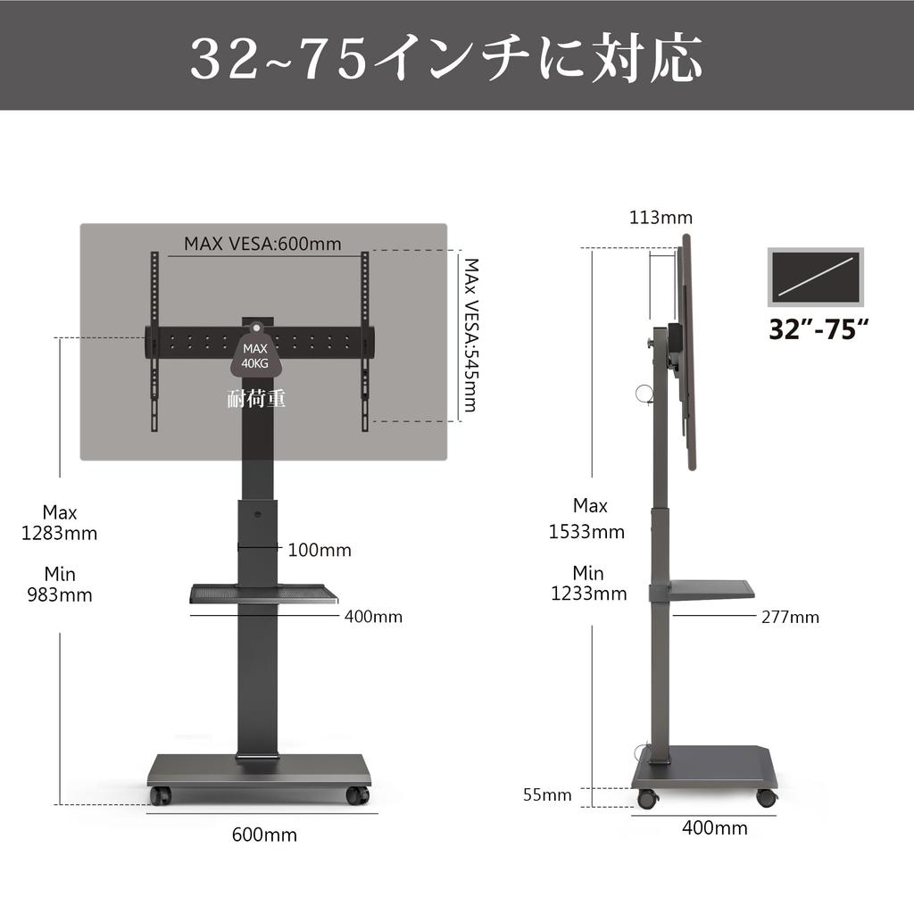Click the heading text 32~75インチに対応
[446, 57]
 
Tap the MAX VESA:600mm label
[262, 243]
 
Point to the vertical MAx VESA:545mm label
[469, 336]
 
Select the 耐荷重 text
[256, 399]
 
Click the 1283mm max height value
[59, 533]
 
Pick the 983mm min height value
[59, 594]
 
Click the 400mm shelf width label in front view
[373, 617]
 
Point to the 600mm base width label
[264, 835]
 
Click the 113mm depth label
[661, 218]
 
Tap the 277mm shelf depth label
[789, 617]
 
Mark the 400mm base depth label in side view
[714, 828]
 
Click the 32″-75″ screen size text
[818, 328]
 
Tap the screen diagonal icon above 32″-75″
[816, 278]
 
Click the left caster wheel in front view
[160, 795]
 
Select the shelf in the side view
[710, 589]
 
